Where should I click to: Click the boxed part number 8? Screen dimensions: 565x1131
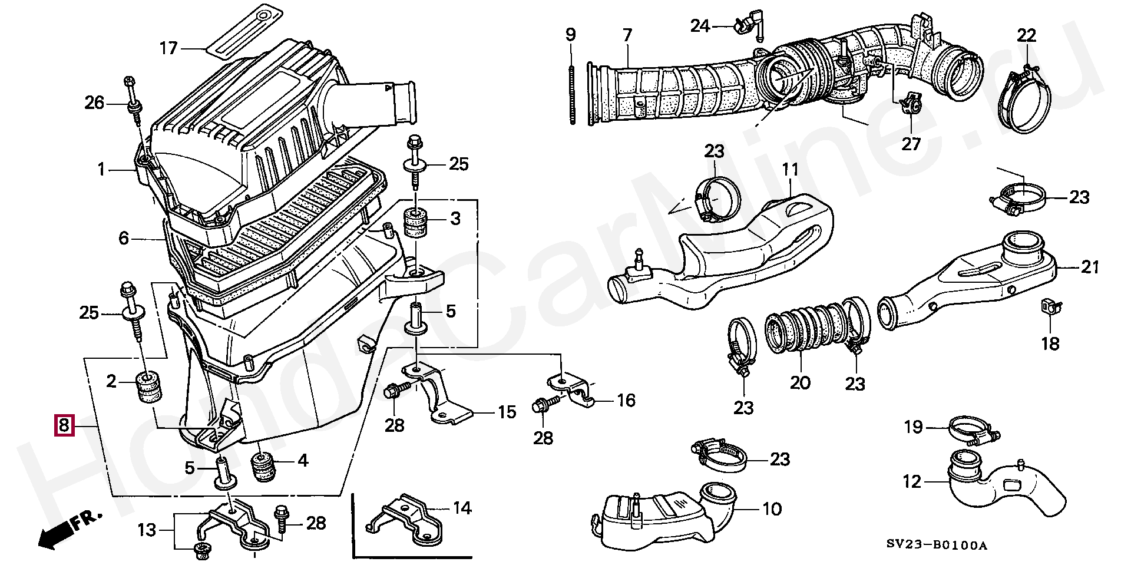pos(64,425)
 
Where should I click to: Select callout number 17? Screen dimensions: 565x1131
pos(169,48)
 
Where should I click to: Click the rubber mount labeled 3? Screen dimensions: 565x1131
pos(415,224)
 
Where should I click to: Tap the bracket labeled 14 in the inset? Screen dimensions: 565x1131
pos(406,518)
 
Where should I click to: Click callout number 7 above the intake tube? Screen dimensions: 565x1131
pos(627,35)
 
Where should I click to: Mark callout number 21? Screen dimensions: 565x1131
pos(1090,267)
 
